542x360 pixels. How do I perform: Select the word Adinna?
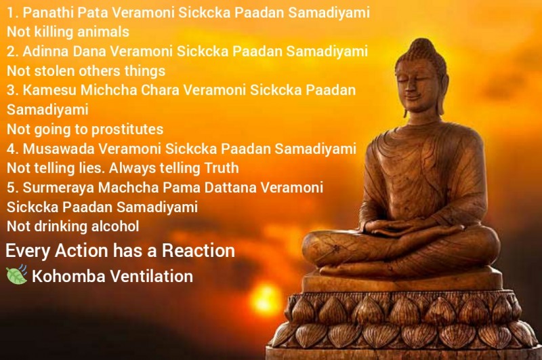point(45,52)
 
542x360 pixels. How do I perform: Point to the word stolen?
point(57,71)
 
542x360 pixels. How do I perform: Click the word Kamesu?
point(49,90)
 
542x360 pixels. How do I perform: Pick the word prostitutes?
point(127,129)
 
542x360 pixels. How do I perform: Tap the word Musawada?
point(58,149)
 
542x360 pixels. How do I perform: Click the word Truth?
point(222,168)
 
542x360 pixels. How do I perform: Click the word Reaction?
point(199,250)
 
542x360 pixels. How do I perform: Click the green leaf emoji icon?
point(16,275)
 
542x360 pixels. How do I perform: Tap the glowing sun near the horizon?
point(266,300)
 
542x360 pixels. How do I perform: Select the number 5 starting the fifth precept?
point(11,188)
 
